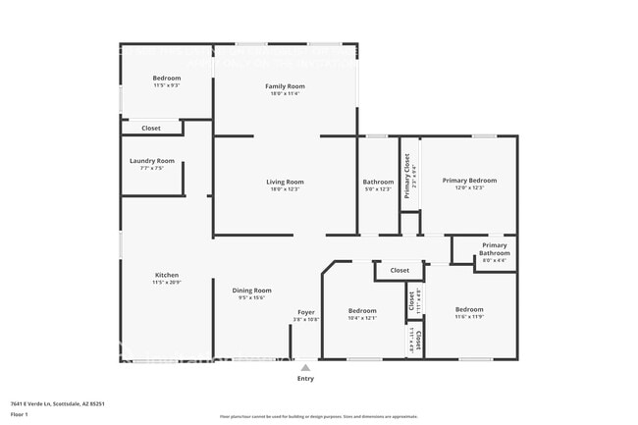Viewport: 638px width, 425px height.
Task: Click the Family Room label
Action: pyautogui.click(x=286, y=86)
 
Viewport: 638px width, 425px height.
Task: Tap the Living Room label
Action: pyautogui.click(x=286, y=182)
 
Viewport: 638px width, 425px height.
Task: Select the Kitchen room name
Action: pyautogui.click(x=167, y=275)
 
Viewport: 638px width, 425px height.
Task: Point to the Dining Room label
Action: pyautogui.click(x=251, y=291)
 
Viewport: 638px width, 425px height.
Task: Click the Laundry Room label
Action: pyautogui.click(x=152, y=161)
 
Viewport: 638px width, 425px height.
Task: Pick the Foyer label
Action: pyautogui.click(x=306, y=312)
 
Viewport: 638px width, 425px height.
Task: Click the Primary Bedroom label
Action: pyautogui.click(x=469, y=181)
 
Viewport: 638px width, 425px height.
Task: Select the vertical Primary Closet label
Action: pyautogui.click(x=406, y=169)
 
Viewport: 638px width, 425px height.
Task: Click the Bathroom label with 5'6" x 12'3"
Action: pyautogui.click(x=378, y=182)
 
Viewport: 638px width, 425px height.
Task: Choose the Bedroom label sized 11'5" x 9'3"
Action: pyautogui.click(x=167, y=78)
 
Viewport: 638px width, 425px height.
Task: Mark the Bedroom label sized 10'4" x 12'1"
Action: pyautogui.click(x=362, y=310)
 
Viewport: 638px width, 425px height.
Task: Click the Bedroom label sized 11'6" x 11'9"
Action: pyautogui.click(x=469, y=310)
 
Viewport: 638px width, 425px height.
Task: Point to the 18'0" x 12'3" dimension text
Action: pyautogui.click(x=286, y=189)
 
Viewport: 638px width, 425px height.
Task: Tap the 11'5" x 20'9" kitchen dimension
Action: pyautogui.click(x=167, y=283)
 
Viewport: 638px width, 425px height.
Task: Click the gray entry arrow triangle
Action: pyautogui.click(x=305, y=367)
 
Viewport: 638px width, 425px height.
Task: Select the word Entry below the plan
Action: pyautogui.click(x=306, y=378)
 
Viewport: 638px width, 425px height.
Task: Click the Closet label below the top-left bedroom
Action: pyautogui.click(x=151, y=128)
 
